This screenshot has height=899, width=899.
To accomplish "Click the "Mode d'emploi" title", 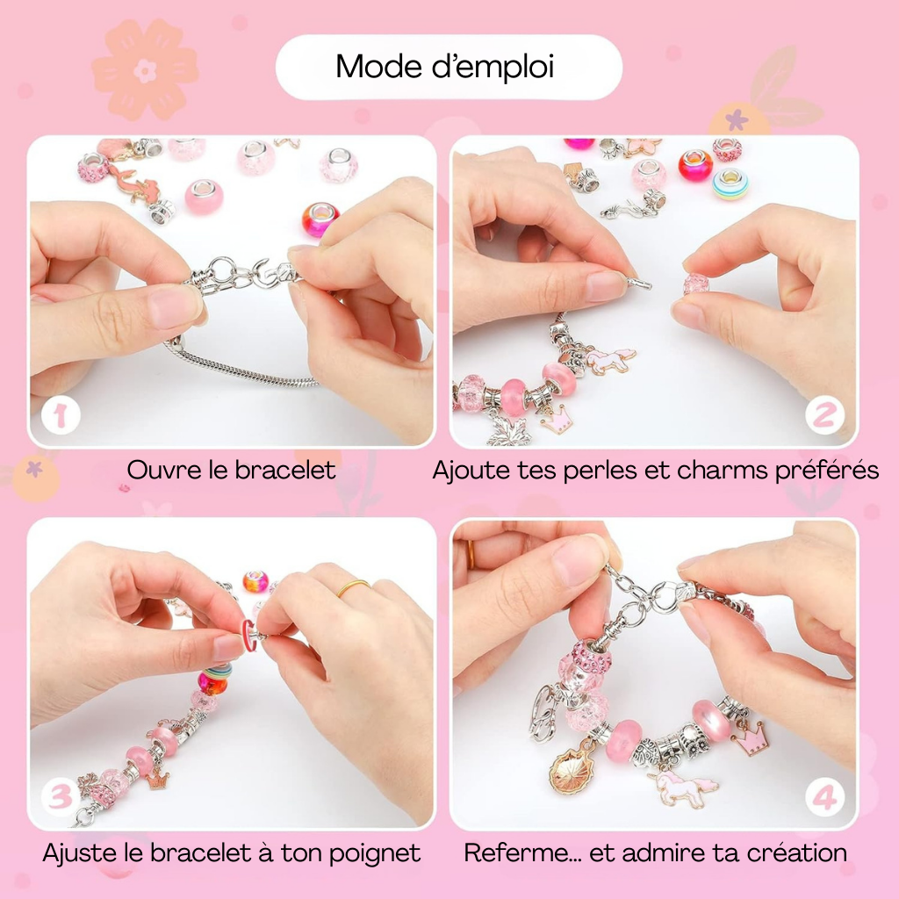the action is pos(445,67).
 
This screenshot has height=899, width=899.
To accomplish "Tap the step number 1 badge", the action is pos(61,415).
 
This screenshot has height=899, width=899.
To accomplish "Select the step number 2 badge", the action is pos(824,415).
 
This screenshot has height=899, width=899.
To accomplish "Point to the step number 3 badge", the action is pos(61,797).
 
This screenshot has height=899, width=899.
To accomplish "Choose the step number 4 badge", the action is pos(824,797).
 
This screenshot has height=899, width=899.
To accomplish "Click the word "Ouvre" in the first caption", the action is pos(164,471).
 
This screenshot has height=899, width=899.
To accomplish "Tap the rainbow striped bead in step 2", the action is pos(730,184).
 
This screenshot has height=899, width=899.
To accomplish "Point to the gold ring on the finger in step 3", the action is pos(353,588).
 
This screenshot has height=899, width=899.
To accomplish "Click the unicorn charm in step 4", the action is pos(682,788).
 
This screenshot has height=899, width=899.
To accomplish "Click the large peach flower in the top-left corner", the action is pos(145,70).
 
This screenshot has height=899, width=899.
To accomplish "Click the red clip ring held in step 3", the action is pos(248,635).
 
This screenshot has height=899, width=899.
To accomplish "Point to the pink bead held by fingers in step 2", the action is pos(696,284).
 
